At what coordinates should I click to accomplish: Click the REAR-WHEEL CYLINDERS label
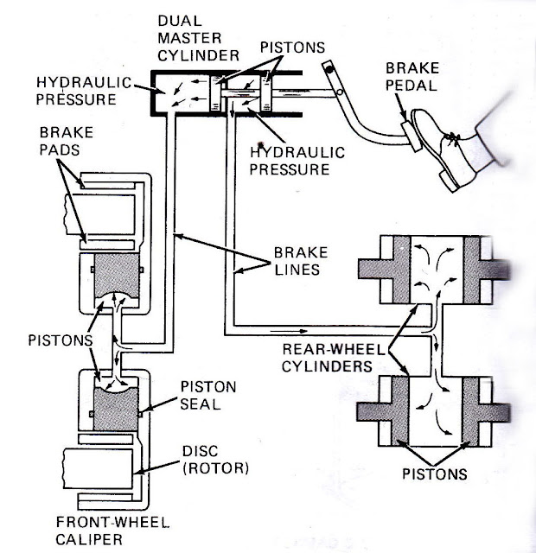pos(328,355)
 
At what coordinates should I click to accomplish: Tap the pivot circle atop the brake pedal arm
pos(329,68)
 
